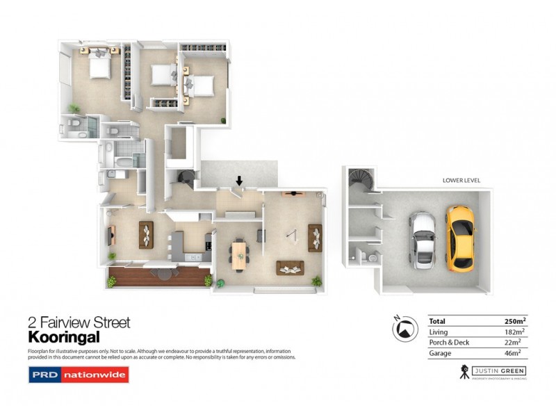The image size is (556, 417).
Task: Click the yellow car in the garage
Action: [461, 236]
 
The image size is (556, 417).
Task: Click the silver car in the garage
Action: [422, 240]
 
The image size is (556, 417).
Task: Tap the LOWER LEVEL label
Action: [461, 181]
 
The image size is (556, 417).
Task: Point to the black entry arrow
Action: [239, 181]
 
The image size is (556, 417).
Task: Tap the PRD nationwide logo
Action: [79, 375]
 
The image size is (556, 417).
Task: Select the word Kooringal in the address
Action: [64, 337]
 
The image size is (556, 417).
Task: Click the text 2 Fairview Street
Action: [79, 322]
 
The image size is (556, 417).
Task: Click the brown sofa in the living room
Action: [288, 268]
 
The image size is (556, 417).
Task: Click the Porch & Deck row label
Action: [450, 343]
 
